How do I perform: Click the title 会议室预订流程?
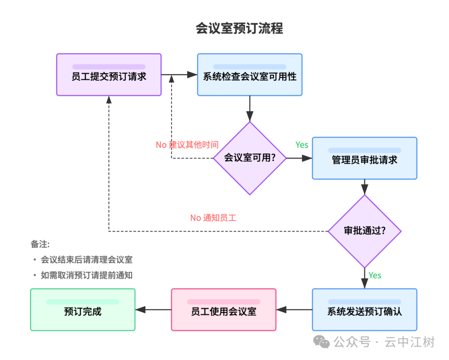click(239, 28)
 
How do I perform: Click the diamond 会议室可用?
click(250, 158)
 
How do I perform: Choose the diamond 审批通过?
click(365, 231)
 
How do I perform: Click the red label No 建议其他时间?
click(187, 145)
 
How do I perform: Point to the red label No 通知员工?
click(213, 218)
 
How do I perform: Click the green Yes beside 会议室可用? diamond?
click(302, 145)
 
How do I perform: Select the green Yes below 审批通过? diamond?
click(375, 276)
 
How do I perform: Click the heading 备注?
click(40, 244)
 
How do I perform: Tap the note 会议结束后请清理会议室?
click(86, 260)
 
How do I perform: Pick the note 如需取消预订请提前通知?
click(86, 275)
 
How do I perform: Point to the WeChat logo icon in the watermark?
click(322, 342)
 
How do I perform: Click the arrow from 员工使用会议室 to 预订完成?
click(153, 310)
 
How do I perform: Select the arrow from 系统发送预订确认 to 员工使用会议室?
click(294, 310)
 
